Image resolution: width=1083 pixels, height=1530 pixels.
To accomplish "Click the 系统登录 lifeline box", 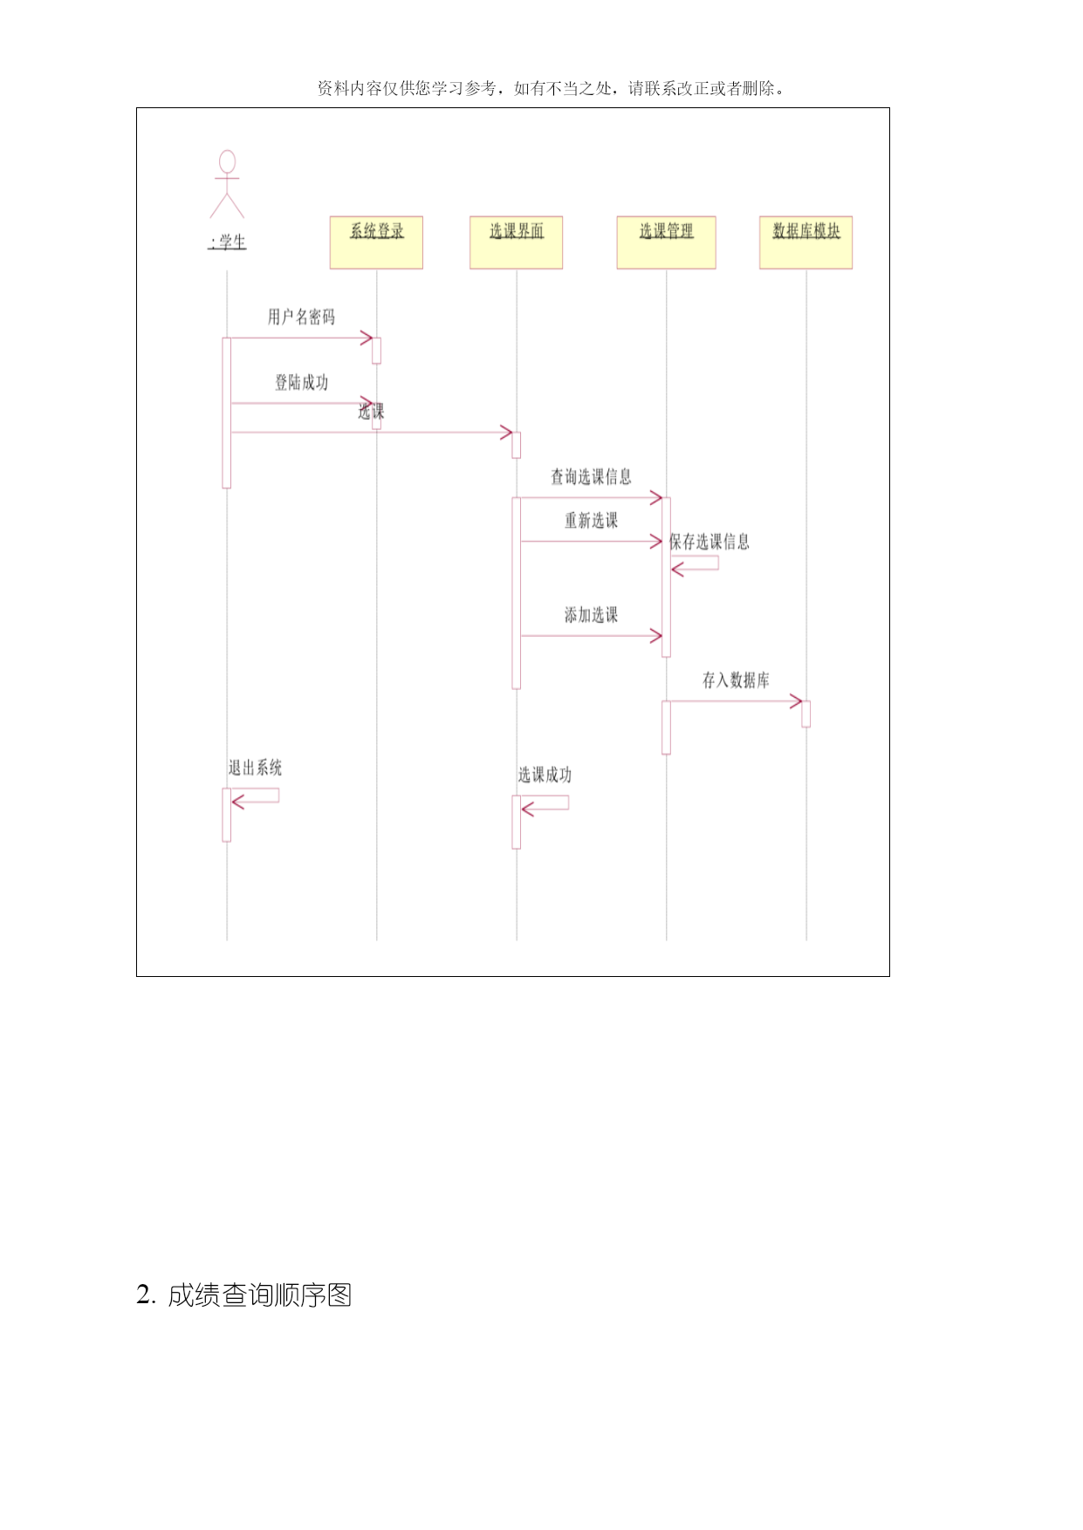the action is pos(376,242).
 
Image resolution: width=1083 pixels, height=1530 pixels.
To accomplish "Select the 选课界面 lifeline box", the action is pos(516,242).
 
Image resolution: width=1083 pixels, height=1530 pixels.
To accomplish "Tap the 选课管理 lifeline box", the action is pos(666,242).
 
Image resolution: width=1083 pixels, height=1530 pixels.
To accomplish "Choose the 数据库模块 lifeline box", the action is pos(805,242).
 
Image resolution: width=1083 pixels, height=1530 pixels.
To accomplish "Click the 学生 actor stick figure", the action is pos(227,184).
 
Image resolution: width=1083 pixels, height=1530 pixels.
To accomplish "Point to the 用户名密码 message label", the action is pos(301,317).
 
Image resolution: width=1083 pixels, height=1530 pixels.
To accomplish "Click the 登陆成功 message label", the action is pos(302,382).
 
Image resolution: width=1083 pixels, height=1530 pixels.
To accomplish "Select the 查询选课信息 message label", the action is pos(591,476).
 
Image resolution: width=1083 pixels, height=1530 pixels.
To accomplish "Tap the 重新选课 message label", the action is pos(591,521).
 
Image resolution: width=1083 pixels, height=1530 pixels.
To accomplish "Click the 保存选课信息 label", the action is pos(709,542).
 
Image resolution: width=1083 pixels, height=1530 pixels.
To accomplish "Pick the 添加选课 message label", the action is pos(591,615).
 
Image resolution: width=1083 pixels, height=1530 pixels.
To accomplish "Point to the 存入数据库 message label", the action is pos(736,680).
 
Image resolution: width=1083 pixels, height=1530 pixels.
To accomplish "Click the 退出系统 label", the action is pos(255,768).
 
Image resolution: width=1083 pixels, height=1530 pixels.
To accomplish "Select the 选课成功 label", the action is pos(545,775).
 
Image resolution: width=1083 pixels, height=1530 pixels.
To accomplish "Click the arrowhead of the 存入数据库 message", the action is pos(796,701).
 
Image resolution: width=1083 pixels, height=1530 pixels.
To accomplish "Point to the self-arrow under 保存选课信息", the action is pos(695,564).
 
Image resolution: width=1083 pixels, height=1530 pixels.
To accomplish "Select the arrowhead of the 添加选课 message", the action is pos(656,636).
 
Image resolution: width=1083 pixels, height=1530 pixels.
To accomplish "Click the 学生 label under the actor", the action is pos(228,242).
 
